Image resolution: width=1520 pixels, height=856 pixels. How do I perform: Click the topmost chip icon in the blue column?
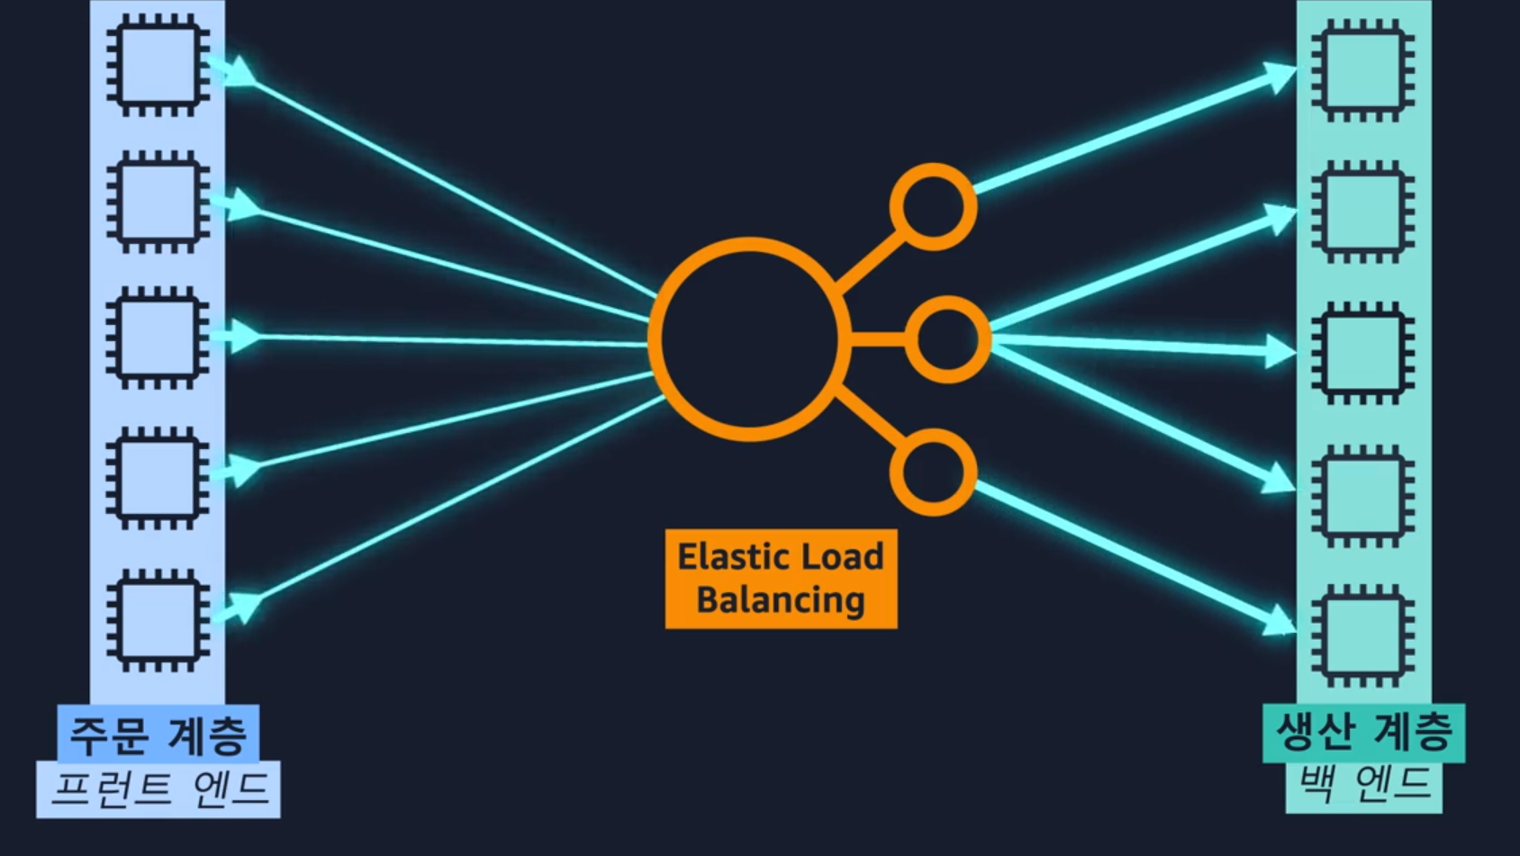pyautogui.click(x=158, y=66)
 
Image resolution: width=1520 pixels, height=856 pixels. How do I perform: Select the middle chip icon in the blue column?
pyautogui.click(x=158, y=338)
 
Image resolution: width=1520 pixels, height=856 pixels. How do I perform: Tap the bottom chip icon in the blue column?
pyautogui.click(x=158, y=620)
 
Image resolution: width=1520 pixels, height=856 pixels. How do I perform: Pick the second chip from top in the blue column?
pyautogui.click(x=158, y=202)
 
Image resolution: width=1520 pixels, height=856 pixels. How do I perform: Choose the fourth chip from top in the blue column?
pyautogui.click(x=158, y=478)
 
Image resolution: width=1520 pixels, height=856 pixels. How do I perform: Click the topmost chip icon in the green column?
pyautogui.click(x=1362, y=71)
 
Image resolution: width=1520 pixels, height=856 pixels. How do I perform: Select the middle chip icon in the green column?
pyautogui.click(x=1362, y=352)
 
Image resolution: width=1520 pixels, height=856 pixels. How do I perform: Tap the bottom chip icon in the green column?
pyautogui.click(x=1362, y=635)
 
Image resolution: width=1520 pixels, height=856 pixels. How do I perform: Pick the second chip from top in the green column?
pyautogui.click(x=1362, y=212)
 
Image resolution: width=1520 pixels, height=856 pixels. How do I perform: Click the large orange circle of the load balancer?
pyautogui.click(x=748, y=339)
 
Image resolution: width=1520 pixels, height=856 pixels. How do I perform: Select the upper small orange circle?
pyautogui.click(x=933, y=206)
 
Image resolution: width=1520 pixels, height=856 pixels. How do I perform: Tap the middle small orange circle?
pyautogui.click(x=947, y=339)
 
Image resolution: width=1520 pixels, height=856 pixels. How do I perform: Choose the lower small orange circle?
pyautogui.click(x=933, y=473)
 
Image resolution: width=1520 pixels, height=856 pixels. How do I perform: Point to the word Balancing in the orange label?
pyautogui.click(x=781, y=599)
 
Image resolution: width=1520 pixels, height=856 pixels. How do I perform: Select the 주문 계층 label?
pyautogui.click(x=158, y=734)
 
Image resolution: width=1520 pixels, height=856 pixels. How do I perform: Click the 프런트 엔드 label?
pyautogui.click(x=159, y=789)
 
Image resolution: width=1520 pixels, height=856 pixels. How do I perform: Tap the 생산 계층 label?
pyautogui.click(x=1363, y=731)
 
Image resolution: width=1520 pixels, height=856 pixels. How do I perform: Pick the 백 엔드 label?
pyautogui.click(x=1363, y=783)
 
